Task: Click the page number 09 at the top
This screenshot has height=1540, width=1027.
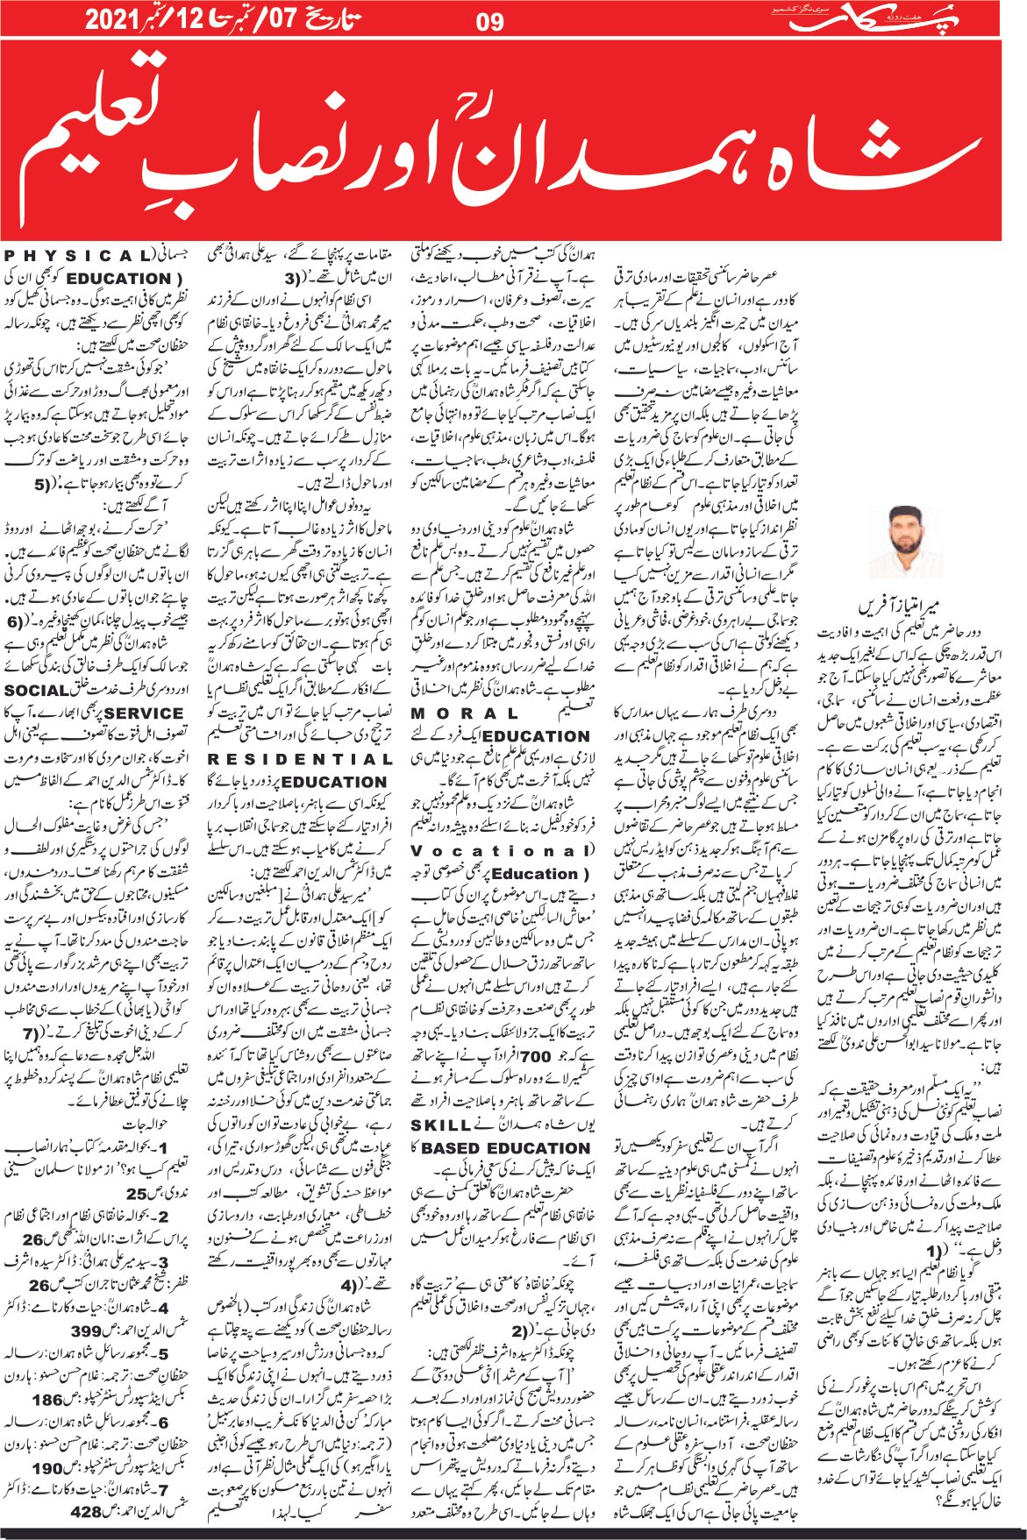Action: click(x=489, y=20)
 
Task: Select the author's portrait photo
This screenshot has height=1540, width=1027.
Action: click(x=903, y=543)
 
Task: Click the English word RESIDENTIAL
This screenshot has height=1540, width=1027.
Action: click(x=299, y=759)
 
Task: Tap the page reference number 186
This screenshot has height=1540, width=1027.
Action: click(x=48, y=1399)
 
